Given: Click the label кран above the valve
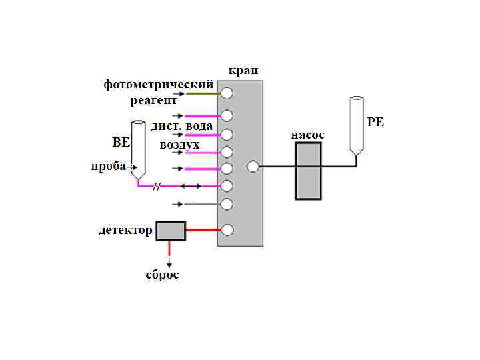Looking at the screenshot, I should click(243, 70).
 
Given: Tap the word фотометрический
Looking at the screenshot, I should click(159, 85).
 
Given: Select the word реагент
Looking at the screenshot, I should click(154, 100).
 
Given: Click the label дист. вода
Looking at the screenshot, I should click(182, 125).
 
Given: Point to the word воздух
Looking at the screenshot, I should click(179, 144).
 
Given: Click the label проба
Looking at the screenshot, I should click(109, 166).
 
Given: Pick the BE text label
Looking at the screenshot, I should click(120, 141).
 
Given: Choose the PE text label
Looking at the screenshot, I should click(376, 121).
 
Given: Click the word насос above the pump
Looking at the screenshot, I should click(307, 134).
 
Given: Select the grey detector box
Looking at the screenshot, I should click(170, 231).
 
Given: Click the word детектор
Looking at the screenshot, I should click(125, 231).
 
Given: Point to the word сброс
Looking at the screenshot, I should click(163, 275).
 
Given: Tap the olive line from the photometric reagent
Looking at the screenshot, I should click(203, 93).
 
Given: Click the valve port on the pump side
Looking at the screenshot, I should click(252, 167).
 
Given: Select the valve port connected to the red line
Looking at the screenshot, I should click(227, 231).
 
